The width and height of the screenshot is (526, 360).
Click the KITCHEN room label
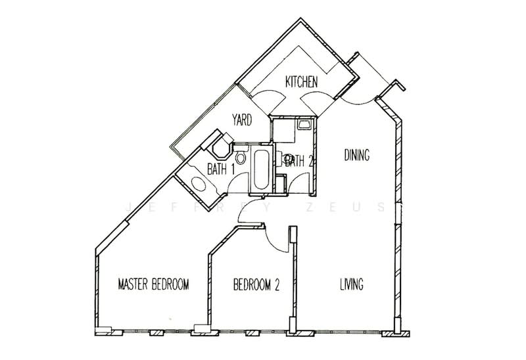(x=301, y=81)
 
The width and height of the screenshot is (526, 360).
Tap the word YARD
(x=242, y=120)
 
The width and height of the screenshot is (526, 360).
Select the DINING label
(x=357, y=155)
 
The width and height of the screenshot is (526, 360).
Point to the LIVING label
(x=352, y=284)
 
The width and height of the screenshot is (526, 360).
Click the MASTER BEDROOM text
(x=153, y=284)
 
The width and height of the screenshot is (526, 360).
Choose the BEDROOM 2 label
(x=256, y=285)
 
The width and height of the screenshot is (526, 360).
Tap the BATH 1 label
(x=221, y=169)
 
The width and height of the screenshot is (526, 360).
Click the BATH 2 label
(x=299, y=161)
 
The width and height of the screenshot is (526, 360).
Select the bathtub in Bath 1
(x=261, y=169)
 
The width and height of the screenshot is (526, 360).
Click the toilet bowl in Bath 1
(x=240, y=157)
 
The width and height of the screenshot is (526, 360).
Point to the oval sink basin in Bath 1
(x=199, y=184)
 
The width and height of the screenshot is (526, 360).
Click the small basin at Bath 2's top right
(x=304, y=125)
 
